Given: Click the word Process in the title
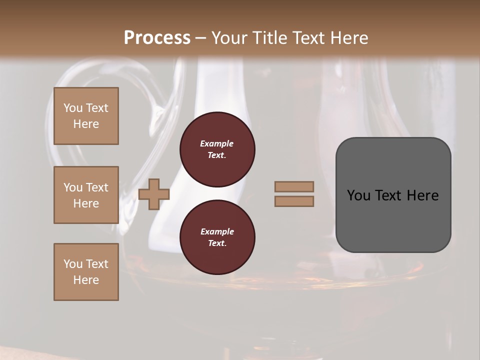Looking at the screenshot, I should (x=157, y=37).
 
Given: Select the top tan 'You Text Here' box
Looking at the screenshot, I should (x=86, y=116).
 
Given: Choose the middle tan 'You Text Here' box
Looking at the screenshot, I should (x=86, y=195).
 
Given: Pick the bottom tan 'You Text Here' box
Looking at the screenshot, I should (x=86, y=272).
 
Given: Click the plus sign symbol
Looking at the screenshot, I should (x=154, y=194).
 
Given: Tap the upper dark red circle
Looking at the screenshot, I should (x=217, y=149).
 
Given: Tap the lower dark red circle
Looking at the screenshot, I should (x=217, y=237).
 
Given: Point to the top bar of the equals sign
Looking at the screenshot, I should (x=294, y=187).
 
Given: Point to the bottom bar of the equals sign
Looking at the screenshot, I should (x=294, y=201).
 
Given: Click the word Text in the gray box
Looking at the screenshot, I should (x=387, y=195).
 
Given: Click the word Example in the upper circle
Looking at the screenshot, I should (x=217, y=143).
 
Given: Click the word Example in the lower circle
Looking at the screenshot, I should (x=217, y=231).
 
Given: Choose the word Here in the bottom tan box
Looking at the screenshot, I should (x=86, y=280).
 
